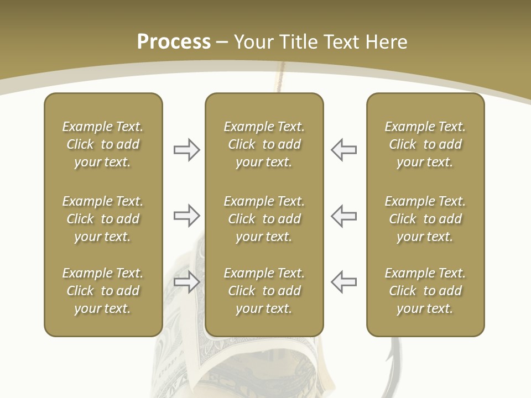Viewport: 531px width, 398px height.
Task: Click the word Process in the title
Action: (174, 42)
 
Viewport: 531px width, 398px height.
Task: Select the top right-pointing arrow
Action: (186, 150)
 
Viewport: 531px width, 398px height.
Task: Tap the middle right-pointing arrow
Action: (186, 216)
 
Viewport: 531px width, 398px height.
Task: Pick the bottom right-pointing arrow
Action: (186, 282)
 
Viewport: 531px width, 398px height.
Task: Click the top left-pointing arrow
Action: (344, 150)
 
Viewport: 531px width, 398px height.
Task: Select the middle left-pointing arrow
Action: (344, 216)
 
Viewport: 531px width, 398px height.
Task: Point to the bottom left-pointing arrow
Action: (344, 282)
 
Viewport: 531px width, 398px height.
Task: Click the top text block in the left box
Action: (103, 144)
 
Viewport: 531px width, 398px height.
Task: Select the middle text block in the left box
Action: (103, 219)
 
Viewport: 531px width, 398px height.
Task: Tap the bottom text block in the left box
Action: (103, 291)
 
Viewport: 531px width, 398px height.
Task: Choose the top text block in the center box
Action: (264, 144)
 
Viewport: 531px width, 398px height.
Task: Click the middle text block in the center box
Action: (264, 219)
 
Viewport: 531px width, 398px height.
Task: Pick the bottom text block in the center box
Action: (264, 291)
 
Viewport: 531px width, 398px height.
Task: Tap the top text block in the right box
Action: (425, 144)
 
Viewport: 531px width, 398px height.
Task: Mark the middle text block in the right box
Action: (425, 219)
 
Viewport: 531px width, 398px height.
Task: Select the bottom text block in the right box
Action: (425, 291)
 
